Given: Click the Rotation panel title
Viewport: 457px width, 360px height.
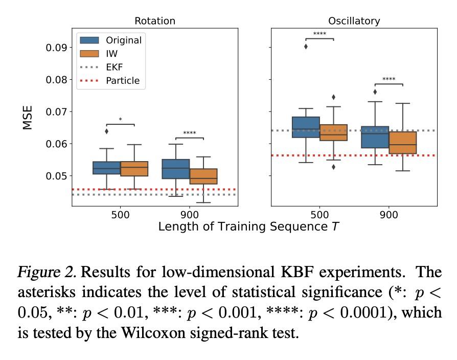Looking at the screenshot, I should pos(154,21).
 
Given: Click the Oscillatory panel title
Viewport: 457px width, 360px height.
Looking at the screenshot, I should pos(354,21).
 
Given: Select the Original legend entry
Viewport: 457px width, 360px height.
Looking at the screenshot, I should pos(123,40).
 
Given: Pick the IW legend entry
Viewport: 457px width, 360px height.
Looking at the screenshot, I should pos(112,53).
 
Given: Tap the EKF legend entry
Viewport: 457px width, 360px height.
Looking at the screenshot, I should pos(114,67).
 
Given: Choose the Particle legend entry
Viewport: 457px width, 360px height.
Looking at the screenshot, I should pos(122,81).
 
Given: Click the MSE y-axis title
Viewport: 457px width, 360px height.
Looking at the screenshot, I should pos(28,118).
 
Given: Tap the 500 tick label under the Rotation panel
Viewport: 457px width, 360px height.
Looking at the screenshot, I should pos(120,215).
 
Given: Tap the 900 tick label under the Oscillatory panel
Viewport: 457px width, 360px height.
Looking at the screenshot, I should pos(389,215).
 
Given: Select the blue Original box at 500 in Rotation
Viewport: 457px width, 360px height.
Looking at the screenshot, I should pos(106,168).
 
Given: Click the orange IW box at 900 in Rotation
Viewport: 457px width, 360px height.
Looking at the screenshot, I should pos(203,176).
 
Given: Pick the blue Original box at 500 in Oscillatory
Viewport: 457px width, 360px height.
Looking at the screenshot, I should pos(306,127).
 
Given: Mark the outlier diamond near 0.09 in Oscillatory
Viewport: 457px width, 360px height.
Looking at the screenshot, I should pos(306,47).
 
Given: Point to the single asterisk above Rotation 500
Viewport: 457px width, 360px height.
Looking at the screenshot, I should pos(120,120).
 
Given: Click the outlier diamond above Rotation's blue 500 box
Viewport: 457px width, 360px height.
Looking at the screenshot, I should pos(107,131).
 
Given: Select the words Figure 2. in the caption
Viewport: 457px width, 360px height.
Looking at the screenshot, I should pos(47,272).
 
